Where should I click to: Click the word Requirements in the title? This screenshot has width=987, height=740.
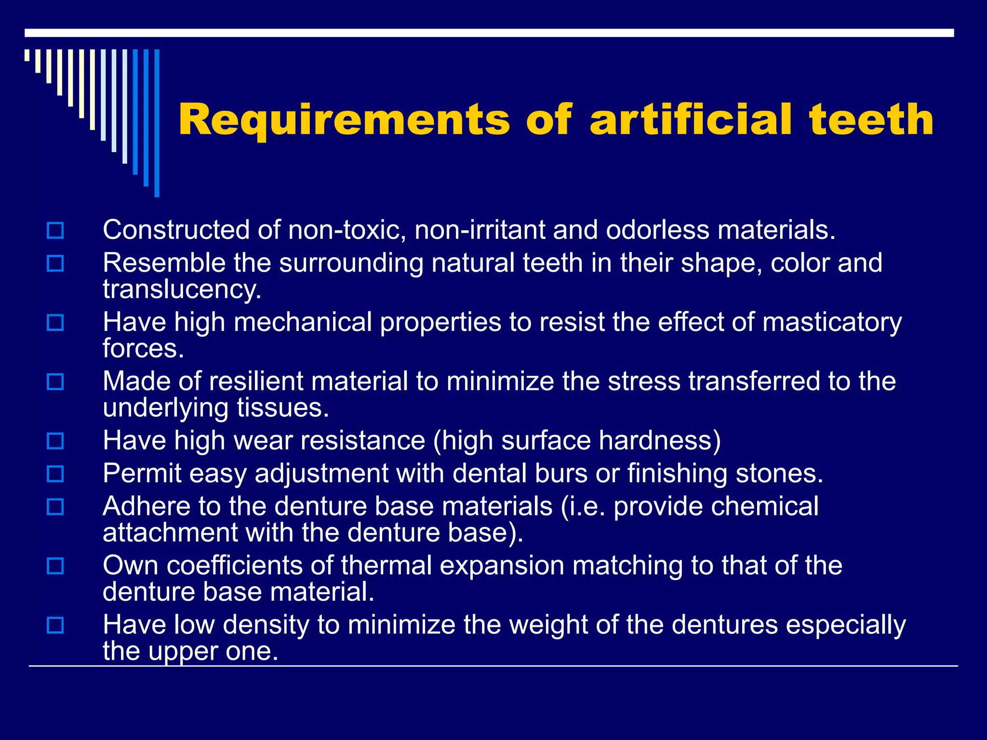344,120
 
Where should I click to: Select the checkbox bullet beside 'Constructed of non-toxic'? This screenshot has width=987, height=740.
55,230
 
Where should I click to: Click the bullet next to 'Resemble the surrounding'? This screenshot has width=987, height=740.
55,263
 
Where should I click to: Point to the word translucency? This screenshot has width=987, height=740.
182,290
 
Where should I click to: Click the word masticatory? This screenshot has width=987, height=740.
832,322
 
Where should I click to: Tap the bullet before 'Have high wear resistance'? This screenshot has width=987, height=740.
55,441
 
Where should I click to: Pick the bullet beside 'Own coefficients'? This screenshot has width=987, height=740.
55,566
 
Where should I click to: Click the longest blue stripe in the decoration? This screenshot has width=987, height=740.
157,123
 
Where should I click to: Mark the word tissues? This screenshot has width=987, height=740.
282,408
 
